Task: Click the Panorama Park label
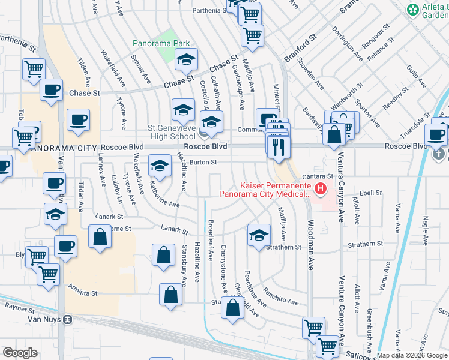click(x=161, y=43)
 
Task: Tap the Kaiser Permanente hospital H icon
click(x=320, y=190)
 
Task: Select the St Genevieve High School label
click(x=172, y=132)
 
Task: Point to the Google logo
click(x=20, y=352)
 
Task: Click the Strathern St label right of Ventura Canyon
click(x=366, y=244)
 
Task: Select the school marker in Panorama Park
click(x=186, y=59)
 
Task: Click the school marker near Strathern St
click(x=258, y=235)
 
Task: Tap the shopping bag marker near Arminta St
click(x=171, y=295)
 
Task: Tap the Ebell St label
click(x=370, y=193)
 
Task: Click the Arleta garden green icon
click(x=413, y=10)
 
